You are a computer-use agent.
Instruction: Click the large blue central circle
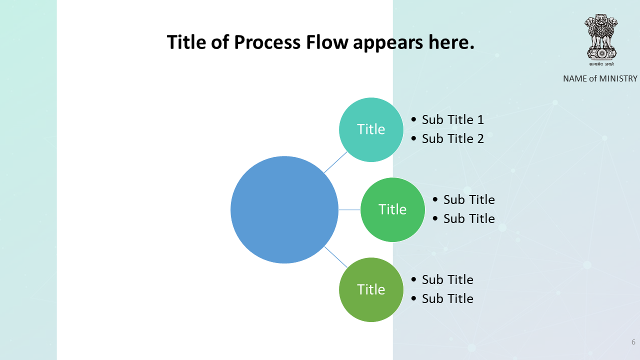point(284,209)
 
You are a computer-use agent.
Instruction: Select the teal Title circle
point(371,129)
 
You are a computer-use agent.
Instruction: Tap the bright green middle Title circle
point(392,209)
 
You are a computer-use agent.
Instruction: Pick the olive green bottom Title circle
point(371,289)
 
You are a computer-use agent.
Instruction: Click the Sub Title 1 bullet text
point(453,119)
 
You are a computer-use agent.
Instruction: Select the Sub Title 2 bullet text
point(453,138)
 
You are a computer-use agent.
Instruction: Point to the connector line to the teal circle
point(335,162)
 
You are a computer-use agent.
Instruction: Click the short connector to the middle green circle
point(349,209)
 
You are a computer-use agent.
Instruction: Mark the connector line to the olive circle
point(335,257)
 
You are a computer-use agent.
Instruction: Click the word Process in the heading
point(267,42)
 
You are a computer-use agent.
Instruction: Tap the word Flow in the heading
point(327,42)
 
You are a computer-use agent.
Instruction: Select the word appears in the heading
point(388,43)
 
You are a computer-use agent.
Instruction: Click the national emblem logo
point(601,36)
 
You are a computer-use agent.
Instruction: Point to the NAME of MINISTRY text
point(600,78)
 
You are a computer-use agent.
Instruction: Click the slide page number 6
point(633,342)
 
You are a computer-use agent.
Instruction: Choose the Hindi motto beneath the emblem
point(601,64)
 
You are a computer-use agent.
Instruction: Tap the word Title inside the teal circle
point(371,129)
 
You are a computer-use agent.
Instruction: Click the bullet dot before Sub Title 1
point(413,119)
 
